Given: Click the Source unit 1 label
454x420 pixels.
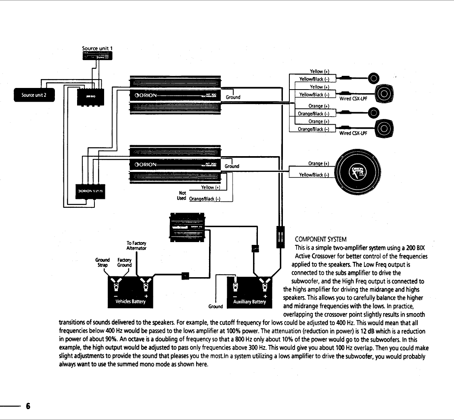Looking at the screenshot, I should (x=97, y=48).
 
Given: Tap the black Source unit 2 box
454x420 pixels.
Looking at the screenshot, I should (x=35, y=95).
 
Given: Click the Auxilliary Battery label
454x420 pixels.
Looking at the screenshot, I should (x=247, y=301).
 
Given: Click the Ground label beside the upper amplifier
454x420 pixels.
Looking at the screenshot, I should (x=233, y=97).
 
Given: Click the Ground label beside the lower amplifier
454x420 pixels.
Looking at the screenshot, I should (x=232, y=166).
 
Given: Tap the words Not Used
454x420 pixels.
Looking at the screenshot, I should (x=182, y=196).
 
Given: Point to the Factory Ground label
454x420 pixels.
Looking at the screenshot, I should (x=124, y=263).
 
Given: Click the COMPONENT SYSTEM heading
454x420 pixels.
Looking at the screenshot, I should (x=320, y=239).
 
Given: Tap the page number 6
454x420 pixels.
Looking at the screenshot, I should (x=28, y=405).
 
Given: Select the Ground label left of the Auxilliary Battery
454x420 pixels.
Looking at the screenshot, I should (x=216, y=307).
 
